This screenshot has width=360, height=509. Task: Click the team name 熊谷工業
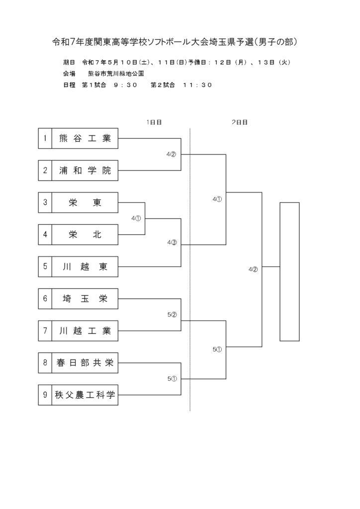pyautogui.click(x=85, y=138)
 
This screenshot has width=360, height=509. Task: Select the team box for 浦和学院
pyautogui.click(x=78, y=170)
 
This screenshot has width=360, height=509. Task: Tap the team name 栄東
pyautogui.click(x=85, y=203)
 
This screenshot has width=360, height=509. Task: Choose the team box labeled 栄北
pyautogui.click(x=78, y=235)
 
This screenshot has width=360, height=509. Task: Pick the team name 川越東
pyautogui.click(x=85, y=266)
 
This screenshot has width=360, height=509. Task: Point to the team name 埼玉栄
pyautogui.click(x=85, y=299)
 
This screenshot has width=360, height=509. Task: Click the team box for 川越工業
pyautogui.click(x=78, y=331)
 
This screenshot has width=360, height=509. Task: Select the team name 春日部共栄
pyautogui.click(x=85, y=362)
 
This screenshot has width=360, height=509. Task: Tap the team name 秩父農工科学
pyautogui.click(x=85, y=395)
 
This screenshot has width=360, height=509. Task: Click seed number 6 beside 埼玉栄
pyautogui.click(x=45, y=298)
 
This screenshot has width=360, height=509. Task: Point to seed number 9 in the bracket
pyautogui.click(x=45, y=395)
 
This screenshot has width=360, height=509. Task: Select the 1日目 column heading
pyautogui.click(x=154, y=122)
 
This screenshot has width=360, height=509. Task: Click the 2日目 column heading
pyautogui.click(x=240, y=122)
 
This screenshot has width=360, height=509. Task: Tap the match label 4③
pyautogui.click(x=172, y=243)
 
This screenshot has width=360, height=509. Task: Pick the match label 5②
pyautogui.click(x=172, y=315)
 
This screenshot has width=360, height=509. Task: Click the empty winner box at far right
pyautogui.click(x=289, y=272)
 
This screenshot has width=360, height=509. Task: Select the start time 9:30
pyautogui.click(x=126, y=85)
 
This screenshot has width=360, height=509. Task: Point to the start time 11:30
pyautogui.click(x=197, y=85)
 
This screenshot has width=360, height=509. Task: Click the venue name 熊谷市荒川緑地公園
pyautogui.click(x=116, y=74)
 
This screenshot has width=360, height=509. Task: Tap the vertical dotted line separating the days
pyautogui.click(x=190, y=269)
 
